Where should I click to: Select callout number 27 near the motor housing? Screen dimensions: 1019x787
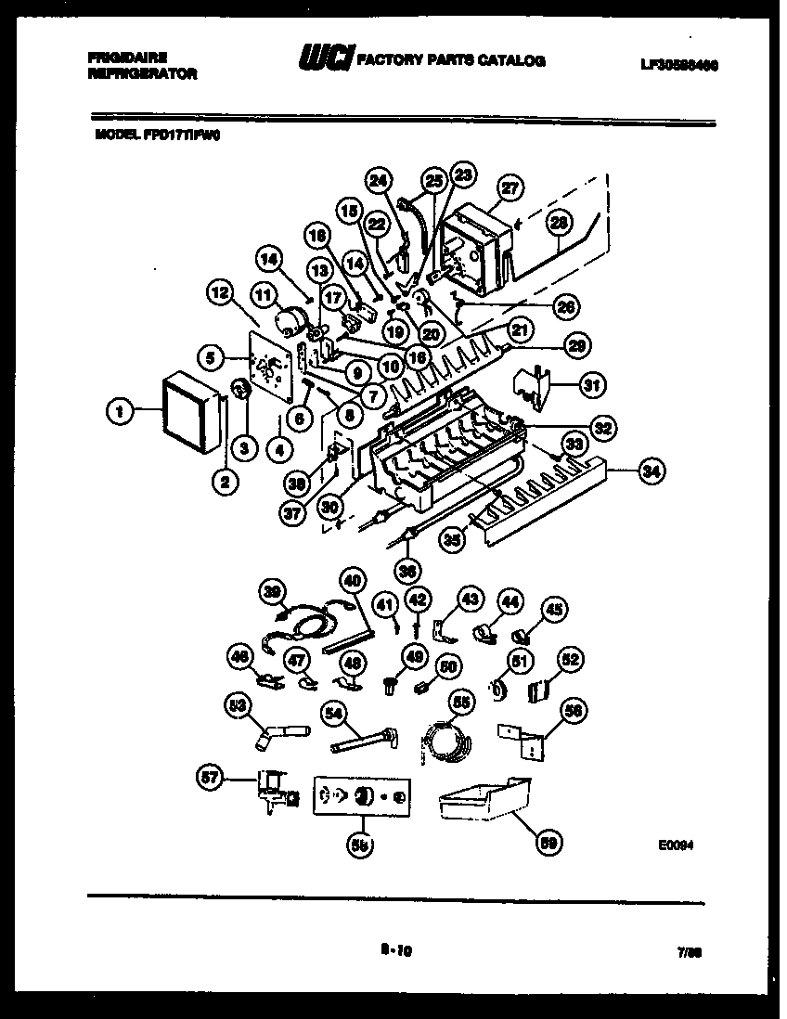click(x=508, y=186)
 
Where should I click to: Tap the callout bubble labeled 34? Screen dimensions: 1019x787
click(x=652, y=472)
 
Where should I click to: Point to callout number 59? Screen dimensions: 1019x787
click(x=550, y=843)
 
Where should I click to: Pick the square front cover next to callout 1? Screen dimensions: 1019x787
click(x=190, y=408)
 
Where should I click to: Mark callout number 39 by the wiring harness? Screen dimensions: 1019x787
click(x=272, y=590)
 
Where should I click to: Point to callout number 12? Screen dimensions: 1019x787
click(x=219, y=294)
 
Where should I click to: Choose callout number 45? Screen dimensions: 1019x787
click(x=553, y=610)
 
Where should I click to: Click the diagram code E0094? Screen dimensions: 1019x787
click(x=677, y=845)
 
